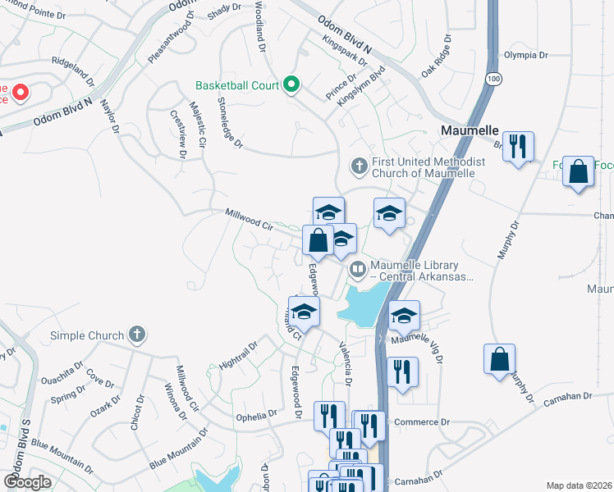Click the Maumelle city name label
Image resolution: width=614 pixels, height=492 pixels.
470,130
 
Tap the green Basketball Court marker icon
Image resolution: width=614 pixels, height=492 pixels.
291,84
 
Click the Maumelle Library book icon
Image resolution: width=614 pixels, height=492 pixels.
358,269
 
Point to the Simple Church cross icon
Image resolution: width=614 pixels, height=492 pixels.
136,335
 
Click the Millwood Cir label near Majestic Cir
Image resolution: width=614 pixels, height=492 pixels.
249,218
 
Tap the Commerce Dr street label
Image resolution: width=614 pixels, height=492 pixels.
423,422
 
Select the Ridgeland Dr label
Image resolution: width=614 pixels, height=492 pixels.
73,71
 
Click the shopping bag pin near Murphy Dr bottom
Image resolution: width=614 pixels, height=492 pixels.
500,360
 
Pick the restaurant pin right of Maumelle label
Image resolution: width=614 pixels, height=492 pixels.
518,148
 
